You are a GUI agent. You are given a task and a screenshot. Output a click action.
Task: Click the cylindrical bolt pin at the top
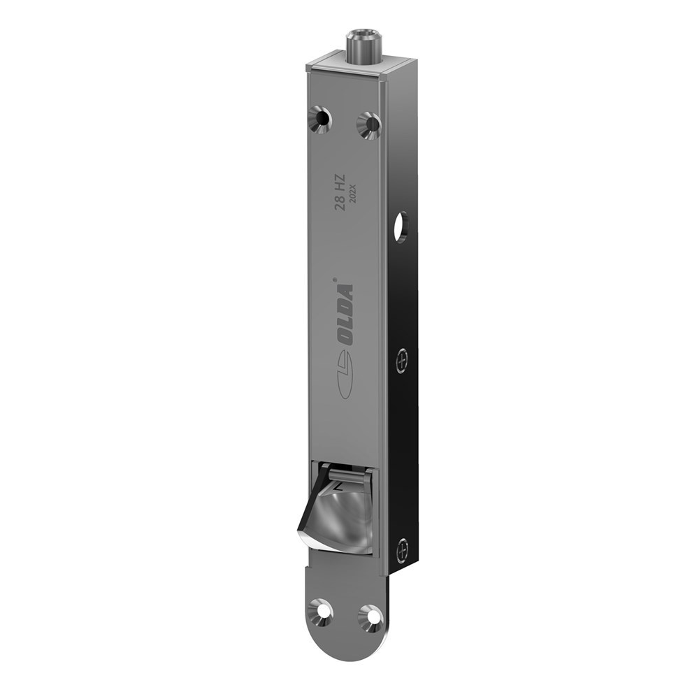363,46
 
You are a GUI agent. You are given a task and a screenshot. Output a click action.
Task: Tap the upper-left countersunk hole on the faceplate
319,119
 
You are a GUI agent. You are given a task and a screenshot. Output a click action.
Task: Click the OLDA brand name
345,314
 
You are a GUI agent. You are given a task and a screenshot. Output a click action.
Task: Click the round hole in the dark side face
401,228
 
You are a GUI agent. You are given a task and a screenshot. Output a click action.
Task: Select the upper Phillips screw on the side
402,361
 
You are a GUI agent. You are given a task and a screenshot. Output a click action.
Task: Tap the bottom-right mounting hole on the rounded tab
370,617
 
